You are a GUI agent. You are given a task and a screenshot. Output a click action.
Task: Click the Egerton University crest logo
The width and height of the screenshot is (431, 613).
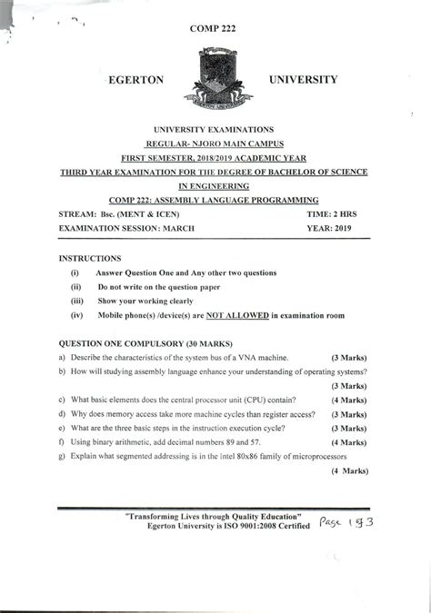pos(215,81)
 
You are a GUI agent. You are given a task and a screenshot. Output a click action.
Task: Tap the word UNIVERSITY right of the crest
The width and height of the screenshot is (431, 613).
pos(304,80)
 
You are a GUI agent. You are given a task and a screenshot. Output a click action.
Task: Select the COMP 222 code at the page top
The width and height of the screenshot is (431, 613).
pos(215,29)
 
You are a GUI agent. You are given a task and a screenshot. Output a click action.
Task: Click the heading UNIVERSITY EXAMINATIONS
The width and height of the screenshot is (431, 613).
pos(215,131)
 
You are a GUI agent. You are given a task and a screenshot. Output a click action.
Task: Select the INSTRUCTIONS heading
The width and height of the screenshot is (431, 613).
pos(89,259)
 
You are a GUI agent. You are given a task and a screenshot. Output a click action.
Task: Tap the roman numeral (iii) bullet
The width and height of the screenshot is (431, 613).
pos(77,301)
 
